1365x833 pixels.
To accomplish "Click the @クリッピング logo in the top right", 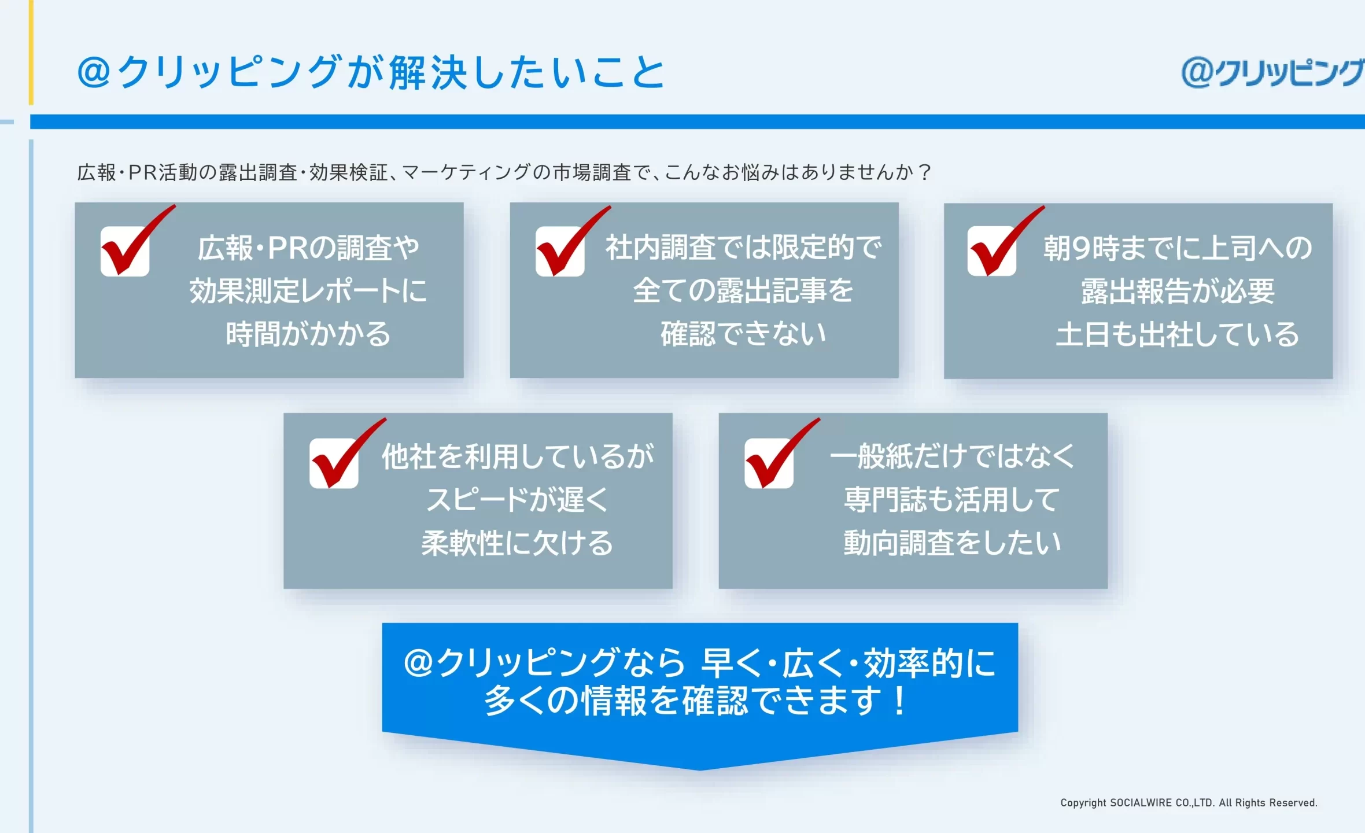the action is (1272, 73).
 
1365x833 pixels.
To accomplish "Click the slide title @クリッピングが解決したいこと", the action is (371, 72).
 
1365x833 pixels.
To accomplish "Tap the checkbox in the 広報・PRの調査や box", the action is (125, 251).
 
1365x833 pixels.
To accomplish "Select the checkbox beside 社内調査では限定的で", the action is (560, 251).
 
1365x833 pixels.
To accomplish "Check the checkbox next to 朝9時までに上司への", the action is (992, 251).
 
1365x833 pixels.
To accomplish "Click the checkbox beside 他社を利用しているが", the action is (334, 463).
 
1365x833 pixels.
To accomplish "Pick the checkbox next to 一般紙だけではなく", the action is (769, 463).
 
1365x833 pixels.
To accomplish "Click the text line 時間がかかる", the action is (308, 334).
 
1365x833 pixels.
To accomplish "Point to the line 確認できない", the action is (743, 334).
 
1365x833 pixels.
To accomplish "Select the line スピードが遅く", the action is (517, 500).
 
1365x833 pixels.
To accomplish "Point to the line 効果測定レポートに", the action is (308, 290).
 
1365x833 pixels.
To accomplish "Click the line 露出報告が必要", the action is (1178, 291).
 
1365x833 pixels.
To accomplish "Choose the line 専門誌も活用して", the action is (952, 500).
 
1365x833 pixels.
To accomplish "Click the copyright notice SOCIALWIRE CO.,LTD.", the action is (1189, 803).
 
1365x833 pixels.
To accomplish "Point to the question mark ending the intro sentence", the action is (924, 172).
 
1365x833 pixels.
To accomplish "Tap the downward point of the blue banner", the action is (700, 770).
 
